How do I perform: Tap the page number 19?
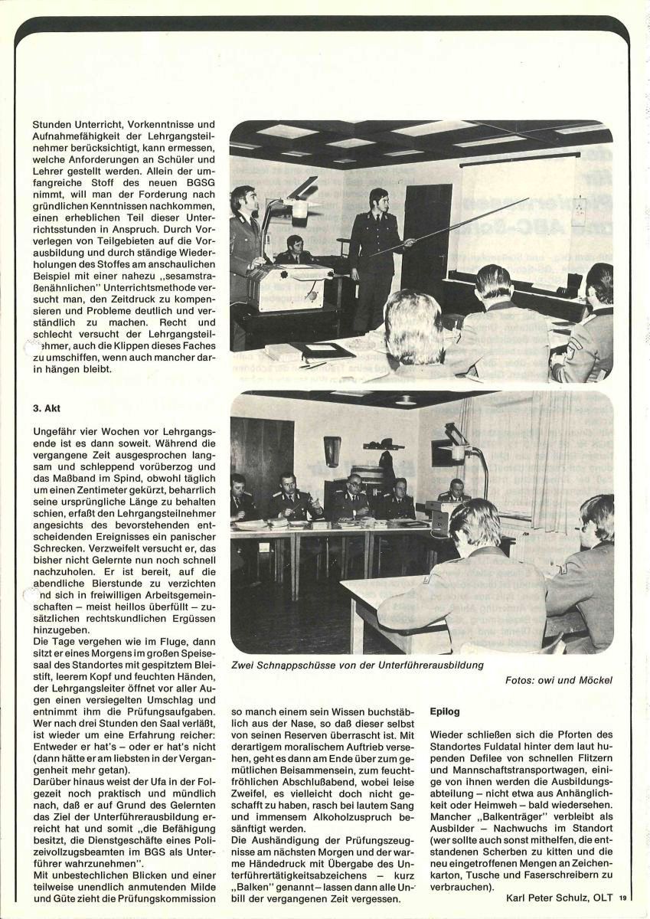622,898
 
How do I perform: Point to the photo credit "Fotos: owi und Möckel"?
558,679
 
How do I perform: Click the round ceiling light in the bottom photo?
405,399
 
